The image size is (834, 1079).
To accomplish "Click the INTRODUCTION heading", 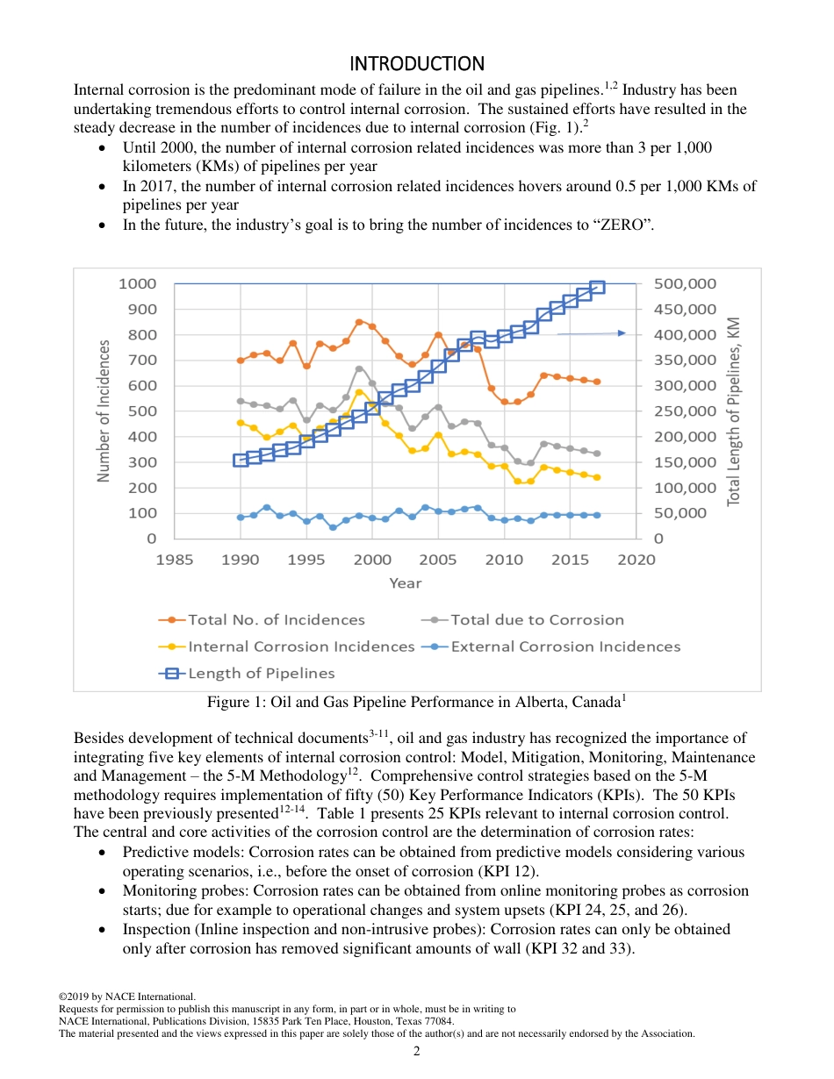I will pyautogui.click(x=417, y=64).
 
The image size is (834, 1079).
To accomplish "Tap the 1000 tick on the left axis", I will pyautogui.click(x=137, y=283).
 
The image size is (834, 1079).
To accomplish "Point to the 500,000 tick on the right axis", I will pyautogui.click(x=685, y=283).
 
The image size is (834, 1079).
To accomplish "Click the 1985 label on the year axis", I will pyautogui.click(x=175, y=561).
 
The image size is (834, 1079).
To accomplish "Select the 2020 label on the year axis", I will pyautogui.click(x=636, y=561).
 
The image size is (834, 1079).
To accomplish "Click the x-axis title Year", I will pyautogui.click(x=405, y=583).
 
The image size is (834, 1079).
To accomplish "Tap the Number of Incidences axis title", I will pyautogui.click(x=104, y=411).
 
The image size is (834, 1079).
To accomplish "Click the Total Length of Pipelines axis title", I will pyautogui.click(x=734, y=411).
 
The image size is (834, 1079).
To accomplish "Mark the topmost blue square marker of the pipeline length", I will pyautogui.click(x=597, y=287).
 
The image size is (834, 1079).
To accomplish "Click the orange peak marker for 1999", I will pyautogui.click(x=359, y=322).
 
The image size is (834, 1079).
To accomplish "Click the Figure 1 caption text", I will pyautogui.click(x=416, y=703).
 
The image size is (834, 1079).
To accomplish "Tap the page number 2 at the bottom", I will pyautogui.click(x=417, y=1052).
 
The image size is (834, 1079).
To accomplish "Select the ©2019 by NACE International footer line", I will pyautogui.click(x=126, y=997).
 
